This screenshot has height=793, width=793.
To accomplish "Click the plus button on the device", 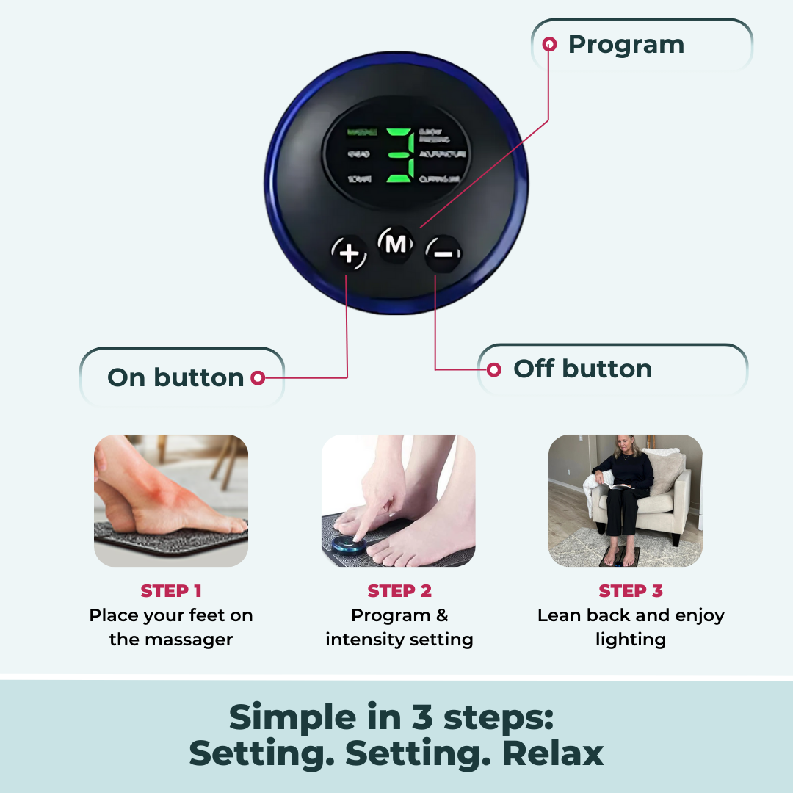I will tap(349, 254).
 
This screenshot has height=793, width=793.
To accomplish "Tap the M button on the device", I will tap(396, 244).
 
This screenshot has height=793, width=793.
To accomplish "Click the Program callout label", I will tap(626, 45).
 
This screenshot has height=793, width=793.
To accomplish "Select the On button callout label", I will tap(175, 377).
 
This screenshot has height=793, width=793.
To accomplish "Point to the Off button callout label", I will tap(582, 369).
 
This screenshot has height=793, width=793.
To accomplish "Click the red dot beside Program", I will tap(549, 45).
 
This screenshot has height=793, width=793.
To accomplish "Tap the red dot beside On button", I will tap(257, 377).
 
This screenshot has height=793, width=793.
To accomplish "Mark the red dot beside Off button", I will tap(494, 369).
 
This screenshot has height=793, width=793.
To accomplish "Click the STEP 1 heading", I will tap(171, 591).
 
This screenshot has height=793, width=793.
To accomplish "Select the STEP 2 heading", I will tap(399, 591).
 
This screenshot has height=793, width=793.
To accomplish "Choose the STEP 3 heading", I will tap(631, 591).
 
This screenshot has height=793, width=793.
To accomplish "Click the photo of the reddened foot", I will tap(171, 500).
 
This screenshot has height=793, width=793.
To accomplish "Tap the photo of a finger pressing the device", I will tap(399, 500).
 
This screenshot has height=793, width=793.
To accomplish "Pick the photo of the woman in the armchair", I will tap(626, 500).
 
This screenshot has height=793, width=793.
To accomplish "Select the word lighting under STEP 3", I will tap(631, 640).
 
